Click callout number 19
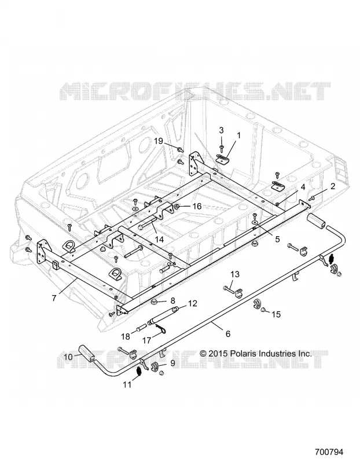coord(159,141)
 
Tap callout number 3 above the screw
coord(221,130)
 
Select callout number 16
coord(197,206)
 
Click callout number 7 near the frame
coord(54,298)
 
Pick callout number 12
coord(192,303)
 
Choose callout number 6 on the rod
coord(227,334)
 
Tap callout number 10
coord(68,357)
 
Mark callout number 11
coord(127,385)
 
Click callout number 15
coord(276,314)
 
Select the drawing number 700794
coord(329,452)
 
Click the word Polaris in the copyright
coord(243,353)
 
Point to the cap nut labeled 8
coord(155,302)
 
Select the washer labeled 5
coord(254,222)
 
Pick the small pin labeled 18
coord(141,328)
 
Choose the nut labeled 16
coord(177,206)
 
